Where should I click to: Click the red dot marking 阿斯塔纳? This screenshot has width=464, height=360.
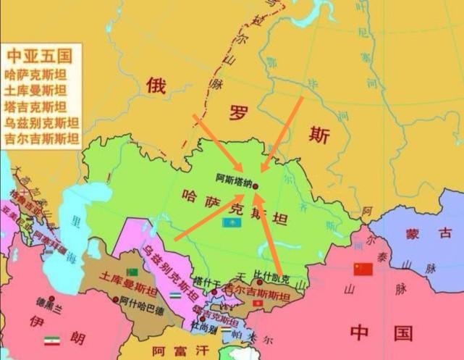[255, 185]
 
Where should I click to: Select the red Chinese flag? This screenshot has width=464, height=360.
[362, 269]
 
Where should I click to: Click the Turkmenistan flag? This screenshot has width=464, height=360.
[133, 270]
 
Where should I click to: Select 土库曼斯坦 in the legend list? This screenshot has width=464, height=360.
[35, 90]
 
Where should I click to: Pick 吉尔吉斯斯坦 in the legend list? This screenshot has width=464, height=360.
[41, 138]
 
